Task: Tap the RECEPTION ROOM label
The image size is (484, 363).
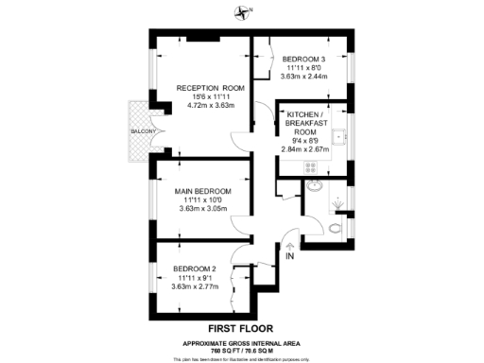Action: point(211,89)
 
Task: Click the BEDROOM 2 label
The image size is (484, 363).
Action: point(197,267)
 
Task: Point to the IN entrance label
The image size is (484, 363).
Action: point(291,256)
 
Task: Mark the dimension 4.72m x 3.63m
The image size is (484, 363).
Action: point(211,106)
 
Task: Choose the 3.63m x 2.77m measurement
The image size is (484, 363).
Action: point(197,285)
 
